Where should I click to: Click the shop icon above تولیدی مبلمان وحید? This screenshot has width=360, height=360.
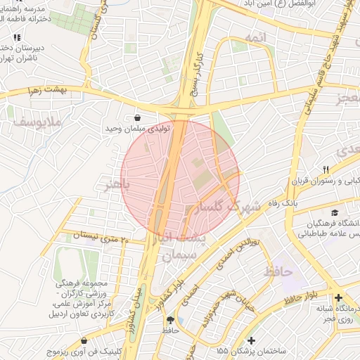(137, 118)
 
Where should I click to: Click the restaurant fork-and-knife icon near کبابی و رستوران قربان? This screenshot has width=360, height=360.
(326, 169)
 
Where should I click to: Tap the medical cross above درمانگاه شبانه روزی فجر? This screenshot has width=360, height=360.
(340, 298)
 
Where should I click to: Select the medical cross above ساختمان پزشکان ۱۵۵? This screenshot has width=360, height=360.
(251, 340)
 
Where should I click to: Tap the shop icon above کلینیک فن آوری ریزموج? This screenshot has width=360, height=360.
(84, 340)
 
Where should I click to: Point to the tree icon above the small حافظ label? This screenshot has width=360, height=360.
(169, 319)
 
